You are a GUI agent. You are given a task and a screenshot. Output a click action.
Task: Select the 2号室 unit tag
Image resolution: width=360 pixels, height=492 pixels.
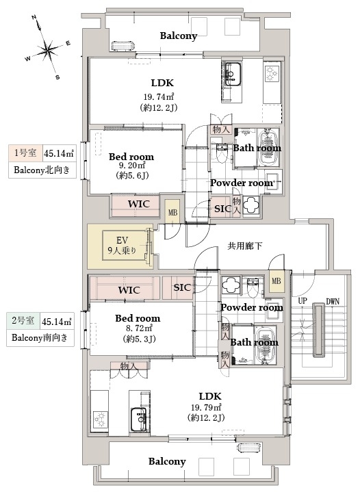click(23, 320)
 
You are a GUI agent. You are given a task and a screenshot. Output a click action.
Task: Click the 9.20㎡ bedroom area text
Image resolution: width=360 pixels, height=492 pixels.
click(132, 166)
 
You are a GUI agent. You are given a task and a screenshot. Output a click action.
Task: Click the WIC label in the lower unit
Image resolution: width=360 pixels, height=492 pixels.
click(129, 290)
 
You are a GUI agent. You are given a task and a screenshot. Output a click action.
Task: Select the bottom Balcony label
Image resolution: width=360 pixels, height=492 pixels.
click(167, 461)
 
